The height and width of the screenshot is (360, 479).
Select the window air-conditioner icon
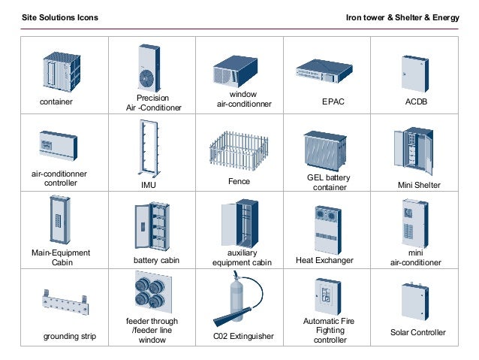[238, 71]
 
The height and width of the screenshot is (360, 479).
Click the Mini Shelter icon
[414, 151]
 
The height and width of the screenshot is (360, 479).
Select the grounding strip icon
[63, 304]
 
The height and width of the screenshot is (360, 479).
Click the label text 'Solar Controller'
[418, 332]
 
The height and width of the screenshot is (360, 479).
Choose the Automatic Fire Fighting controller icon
[324, 296]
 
